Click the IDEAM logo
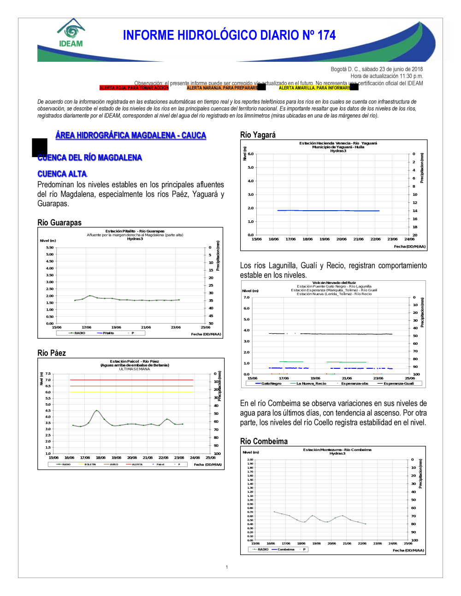tap(71, 33)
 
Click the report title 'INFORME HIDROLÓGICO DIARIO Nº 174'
tap(229, 35)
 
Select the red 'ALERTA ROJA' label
tap(134, 88)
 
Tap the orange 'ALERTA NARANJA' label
tap(222, 88)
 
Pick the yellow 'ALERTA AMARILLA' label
tap(314, 88)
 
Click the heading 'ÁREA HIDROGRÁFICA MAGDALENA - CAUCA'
tap(130, 135)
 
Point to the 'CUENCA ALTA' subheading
tap(62, 174)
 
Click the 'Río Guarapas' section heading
tap(59, 223)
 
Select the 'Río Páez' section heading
tap(52, 353)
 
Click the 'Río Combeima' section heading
tap(264, 441)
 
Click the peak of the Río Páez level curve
tap(96, 410)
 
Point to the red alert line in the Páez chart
tap(131, 380)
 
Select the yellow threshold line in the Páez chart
tap(131, 392)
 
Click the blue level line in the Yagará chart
tap(328, 211)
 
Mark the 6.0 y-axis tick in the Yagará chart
tap(251, 154)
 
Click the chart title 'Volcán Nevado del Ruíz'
tap(334, 283)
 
